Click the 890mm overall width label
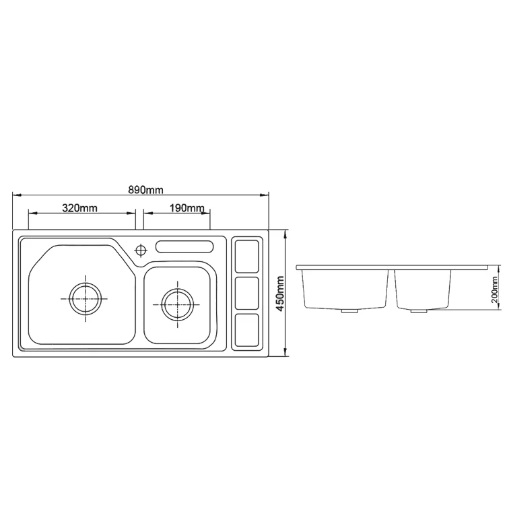coord(145,190)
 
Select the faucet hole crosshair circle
coord(141,250)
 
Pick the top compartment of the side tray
coord(246,256)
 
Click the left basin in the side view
coord(345,290)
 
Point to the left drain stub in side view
coord(349,312)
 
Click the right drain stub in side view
coord(419,312)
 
